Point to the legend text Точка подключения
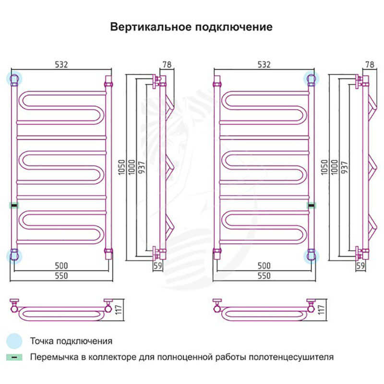click(x=71, y=341)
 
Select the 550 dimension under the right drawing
click(x=264, y=276)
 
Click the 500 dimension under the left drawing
click(x=61, y=265)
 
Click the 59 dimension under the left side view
click(x=158, y=264)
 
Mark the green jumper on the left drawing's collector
click(x=14, y=205)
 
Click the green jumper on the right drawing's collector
click(x=312, y=205)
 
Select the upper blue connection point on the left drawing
click(x=14, y=78)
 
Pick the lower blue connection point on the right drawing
click(x=312, y=255)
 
